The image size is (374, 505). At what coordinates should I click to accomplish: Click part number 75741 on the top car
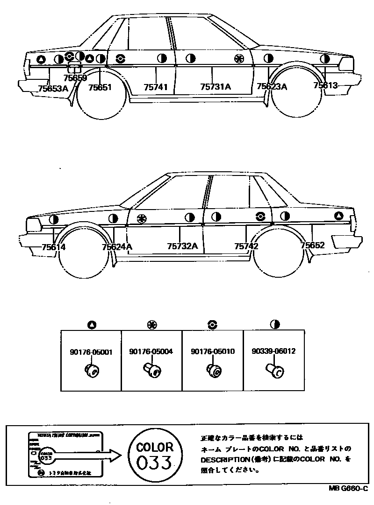click(155, 87)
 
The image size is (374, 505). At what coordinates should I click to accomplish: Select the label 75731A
click(216, 87)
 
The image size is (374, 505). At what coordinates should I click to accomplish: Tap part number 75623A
click(272, 87)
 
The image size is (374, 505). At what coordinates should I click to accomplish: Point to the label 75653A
click(53, 87)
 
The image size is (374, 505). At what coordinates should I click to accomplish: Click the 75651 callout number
click(100, 87)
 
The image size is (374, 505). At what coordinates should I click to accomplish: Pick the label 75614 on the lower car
click(53, 247)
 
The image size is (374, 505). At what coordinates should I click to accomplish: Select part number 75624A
click(117, 247)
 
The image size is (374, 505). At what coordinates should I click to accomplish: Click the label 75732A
click(182, 246)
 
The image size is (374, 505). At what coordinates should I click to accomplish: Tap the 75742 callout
click(247, 246)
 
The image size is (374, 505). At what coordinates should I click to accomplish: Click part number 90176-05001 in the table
click(92, 352)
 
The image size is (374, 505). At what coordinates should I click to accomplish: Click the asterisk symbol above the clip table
click(152, 324)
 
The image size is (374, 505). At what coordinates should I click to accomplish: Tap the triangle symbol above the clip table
click(92, 325)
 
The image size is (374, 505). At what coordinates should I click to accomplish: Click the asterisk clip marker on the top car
click(239, 58)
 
